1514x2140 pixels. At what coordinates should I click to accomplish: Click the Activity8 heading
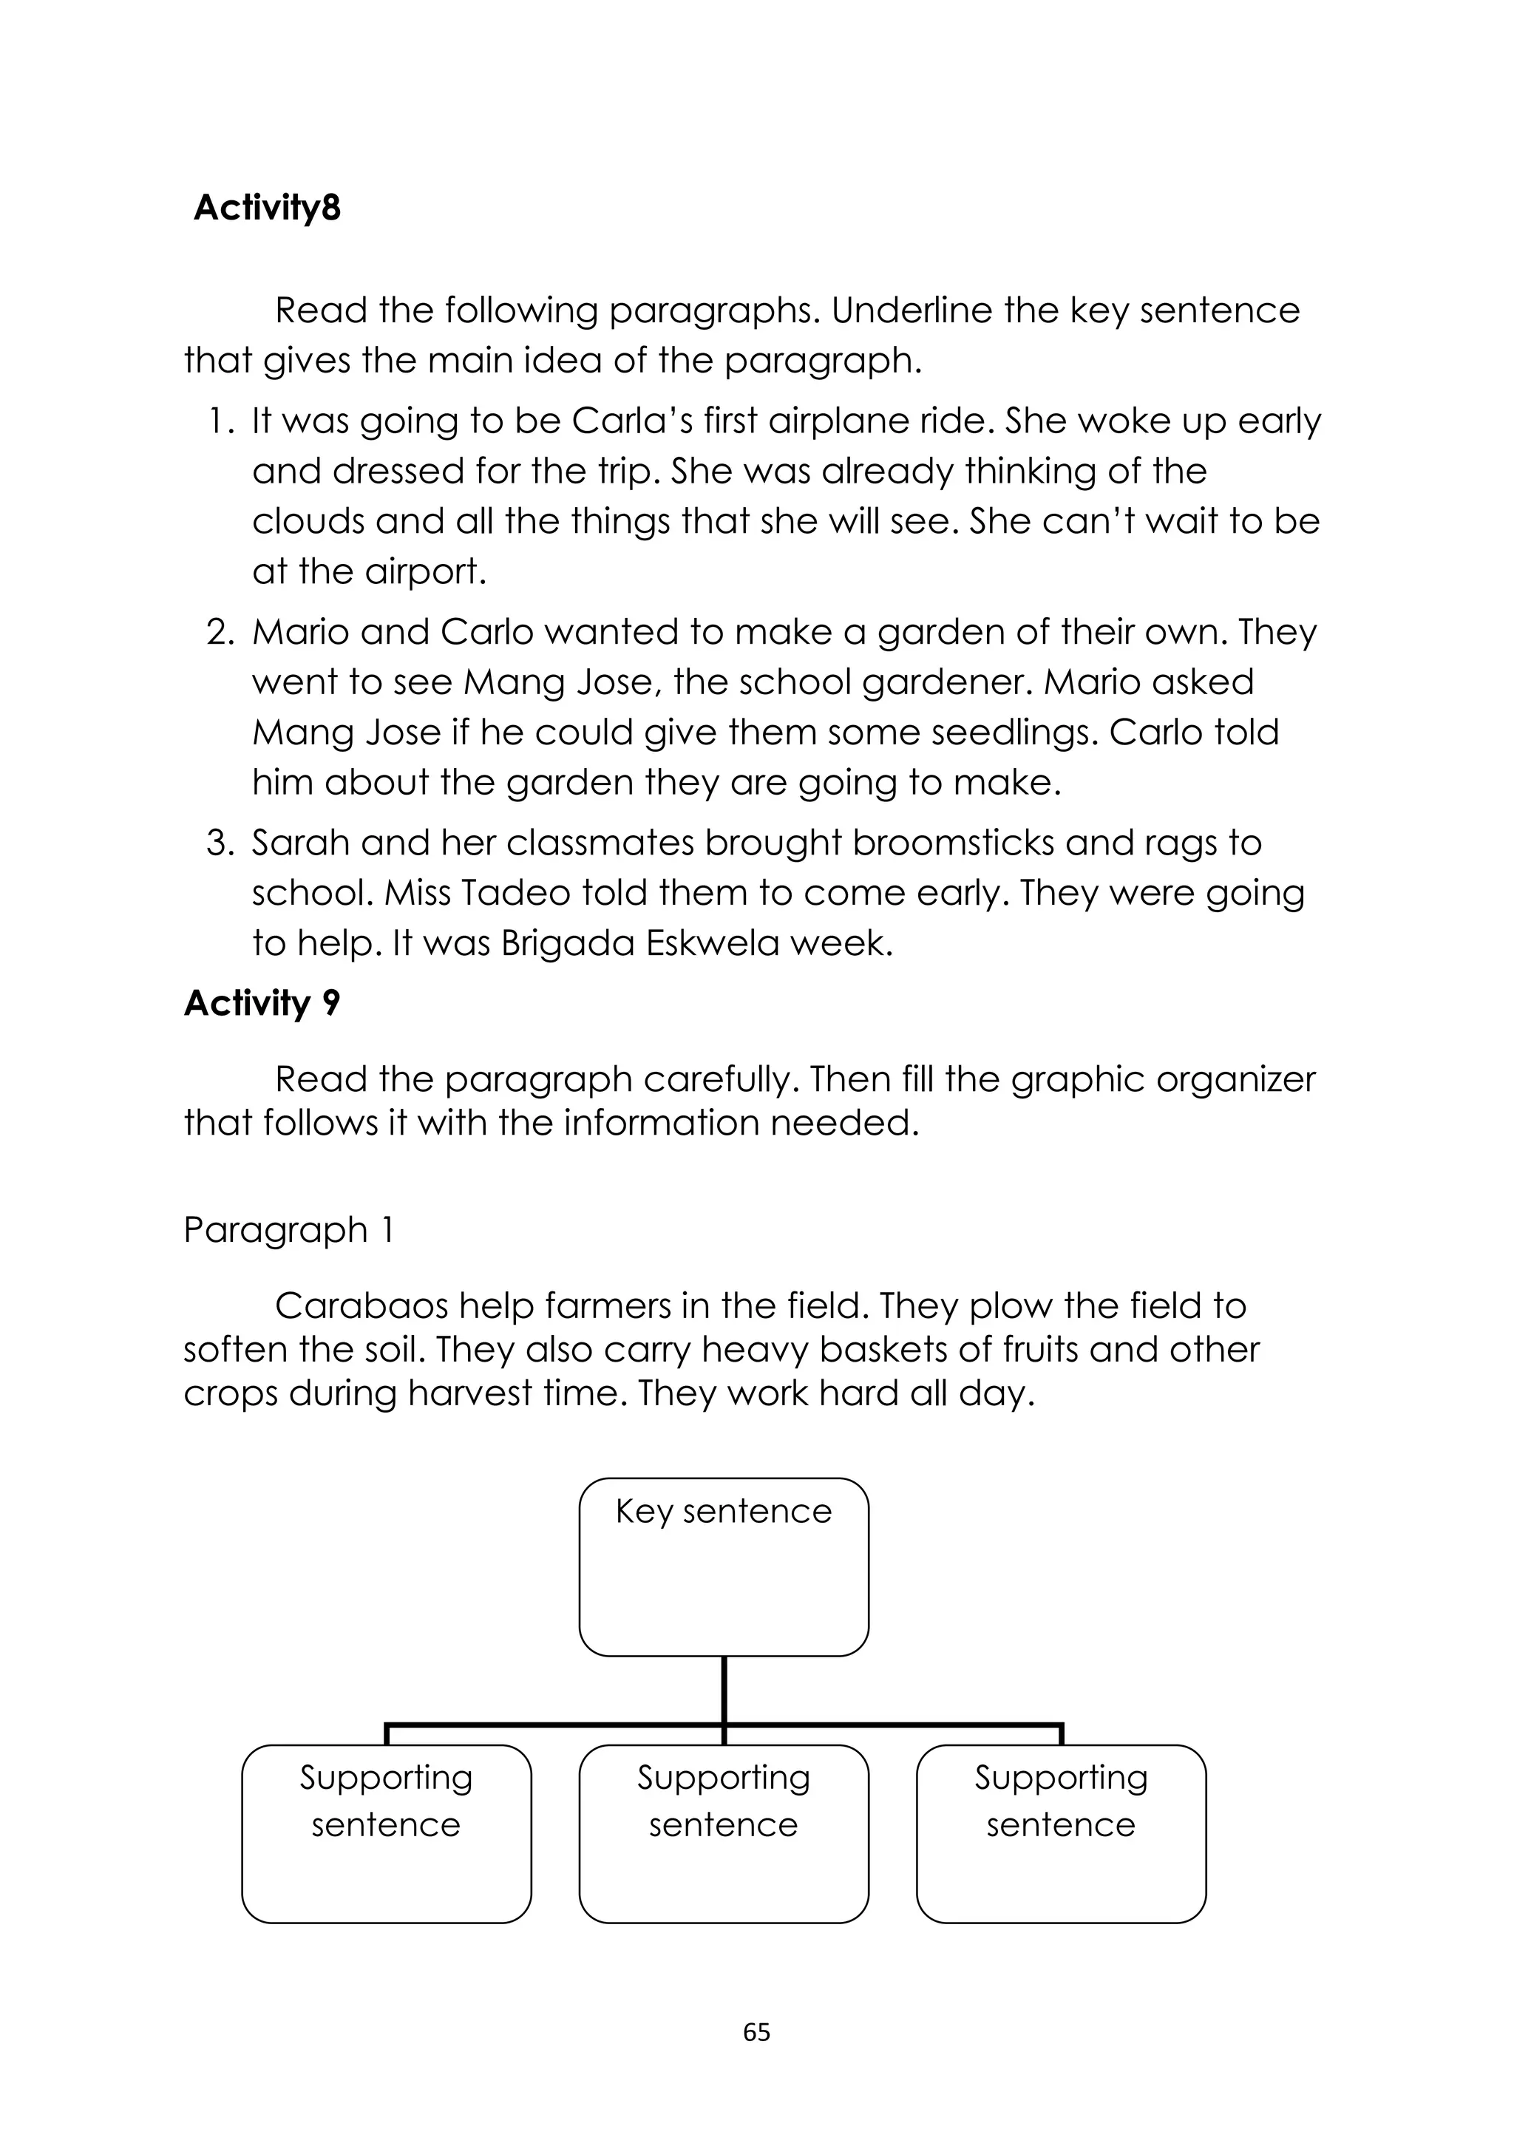[x=267, y=208]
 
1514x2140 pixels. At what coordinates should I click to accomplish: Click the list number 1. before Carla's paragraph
[x=221, y=421]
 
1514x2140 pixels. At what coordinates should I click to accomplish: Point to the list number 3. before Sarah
[x=220, y=843]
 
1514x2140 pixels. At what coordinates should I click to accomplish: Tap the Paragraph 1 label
[x=288, y=1229]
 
